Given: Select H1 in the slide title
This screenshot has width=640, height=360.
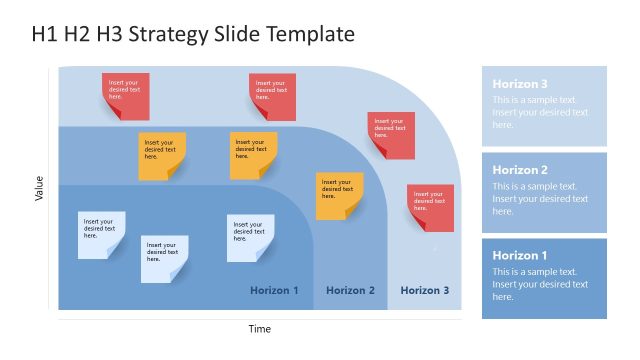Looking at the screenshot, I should pos(45,35).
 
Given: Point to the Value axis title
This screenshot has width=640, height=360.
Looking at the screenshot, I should pos(39,188).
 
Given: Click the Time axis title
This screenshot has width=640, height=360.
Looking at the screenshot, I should pos(260,328).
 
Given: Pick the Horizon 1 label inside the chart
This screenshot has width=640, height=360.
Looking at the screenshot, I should pos(274,290).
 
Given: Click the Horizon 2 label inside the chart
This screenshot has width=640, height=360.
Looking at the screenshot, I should pos(351,290).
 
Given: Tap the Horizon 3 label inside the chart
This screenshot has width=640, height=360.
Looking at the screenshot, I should pos(425,290).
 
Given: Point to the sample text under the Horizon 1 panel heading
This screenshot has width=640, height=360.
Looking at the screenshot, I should pos(540,284).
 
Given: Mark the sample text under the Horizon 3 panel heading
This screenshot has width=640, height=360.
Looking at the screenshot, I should pos(540,112).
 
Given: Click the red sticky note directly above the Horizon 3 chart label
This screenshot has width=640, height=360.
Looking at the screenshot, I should pos(430,207).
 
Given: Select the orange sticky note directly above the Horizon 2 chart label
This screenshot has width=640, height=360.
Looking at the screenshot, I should pos(340,195).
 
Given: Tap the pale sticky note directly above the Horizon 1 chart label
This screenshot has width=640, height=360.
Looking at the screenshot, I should pos(250,237).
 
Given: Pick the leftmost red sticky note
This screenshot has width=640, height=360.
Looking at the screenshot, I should pos(125,95).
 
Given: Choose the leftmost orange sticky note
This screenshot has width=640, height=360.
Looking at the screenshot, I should pos(162,155).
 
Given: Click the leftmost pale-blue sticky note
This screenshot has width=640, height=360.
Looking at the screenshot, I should pos(102,234).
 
